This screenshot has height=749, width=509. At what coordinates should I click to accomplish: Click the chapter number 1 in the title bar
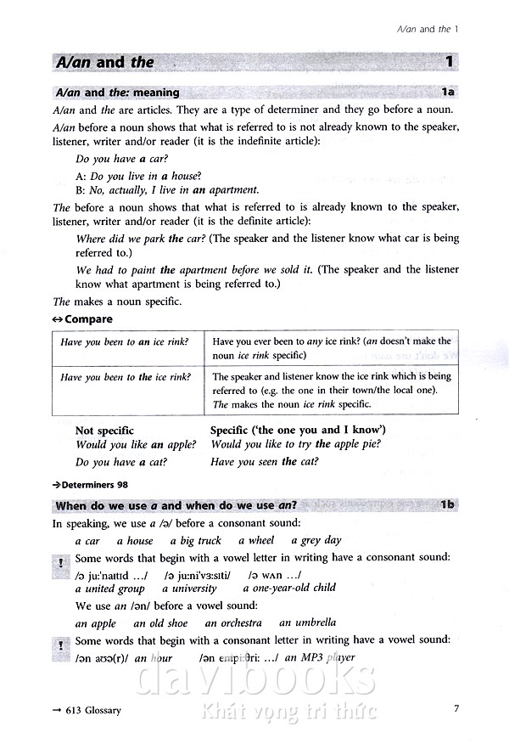click(449, 62)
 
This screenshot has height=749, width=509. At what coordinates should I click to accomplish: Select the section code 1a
click(448, 93)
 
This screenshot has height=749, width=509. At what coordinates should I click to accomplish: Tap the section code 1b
click(448, 505)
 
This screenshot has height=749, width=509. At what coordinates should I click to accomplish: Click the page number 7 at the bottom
click(456, 709)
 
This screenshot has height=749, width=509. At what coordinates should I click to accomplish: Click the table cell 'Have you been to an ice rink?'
click(126, 341)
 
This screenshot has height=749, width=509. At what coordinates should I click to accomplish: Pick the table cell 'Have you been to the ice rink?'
click(126, 377)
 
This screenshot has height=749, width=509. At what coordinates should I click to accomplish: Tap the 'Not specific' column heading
click(104, 431)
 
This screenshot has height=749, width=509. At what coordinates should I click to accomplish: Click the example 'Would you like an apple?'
click(136, 445)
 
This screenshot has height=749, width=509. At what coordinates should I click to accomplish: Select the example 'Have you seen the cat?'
click(265, 462)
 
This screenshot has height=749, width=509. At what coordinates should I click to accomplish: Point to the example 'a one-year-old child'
click(289, 588)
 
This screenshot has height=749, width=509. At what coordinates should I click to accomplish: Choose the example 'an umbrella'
click(307, 622)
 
